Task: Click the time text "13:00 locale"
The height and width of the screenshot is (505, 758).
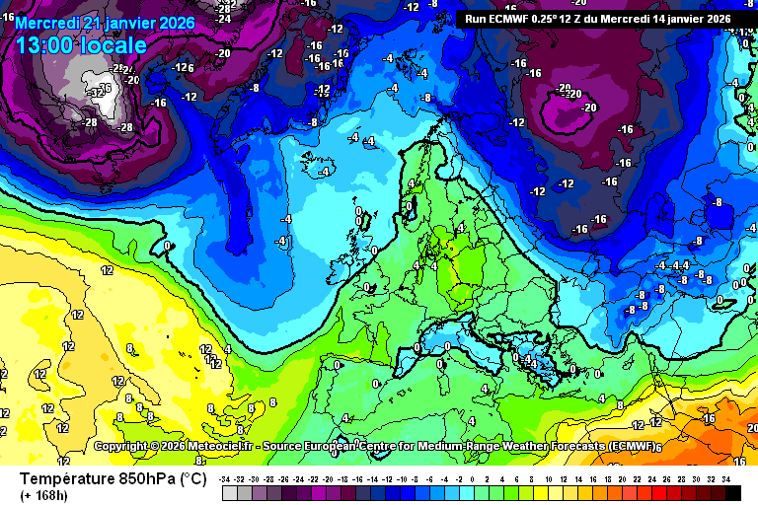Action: pos(82,44)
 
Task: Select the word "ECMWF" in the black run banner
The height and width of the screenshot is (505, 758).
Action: pos(515,18)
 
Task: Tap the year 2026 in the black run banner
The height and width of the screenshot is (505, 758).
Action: pos(715,18)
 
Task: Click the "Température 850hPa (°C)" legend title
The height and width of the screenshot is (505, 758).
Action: pos(113,479)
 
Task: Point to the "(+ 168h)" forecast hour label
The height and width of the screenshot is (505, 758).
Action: pos(45,496)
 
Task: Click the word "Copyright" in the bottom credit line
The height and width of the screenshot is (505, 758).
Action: pos(123,447)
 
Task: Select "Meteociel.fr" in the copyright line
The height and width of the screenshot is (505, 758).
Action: pos(214,447)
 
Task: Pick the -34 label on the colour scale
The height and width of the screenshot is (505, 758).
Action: pos(226,478)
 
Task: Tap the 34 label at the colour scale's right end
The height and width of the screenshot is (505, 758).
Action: pos(725,478)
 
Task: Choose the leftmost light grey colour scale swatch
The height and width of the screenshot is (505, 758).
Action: pos(229,491)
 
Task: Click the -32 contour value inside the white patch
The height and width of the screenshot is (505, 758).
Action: pos(96,92)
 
